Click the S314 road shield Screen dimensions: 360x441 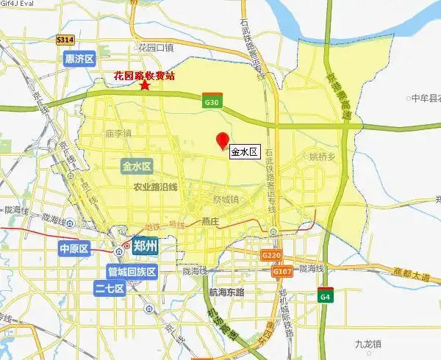coord(65,40)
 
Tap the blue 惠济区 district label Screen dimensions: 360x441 coord(80,58)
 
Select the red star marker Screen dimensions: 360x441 coord(146,86)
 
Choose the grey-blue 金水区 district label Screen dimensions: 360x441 coord(137,166)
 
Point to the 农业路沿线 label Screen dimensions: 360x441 coord(155,187)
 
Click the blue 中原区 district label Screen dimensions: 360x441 coord(73,249)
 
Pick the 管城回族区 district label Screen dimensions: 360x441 coord(133,272)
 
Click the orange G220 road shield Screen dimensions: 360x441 coord(271,255)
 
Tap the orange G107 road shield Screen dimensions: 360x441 coord(287,270)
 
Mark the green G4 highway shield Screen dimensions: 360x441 coord(325,297)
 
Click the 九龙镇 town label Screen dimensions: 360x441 coord(367,344)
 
